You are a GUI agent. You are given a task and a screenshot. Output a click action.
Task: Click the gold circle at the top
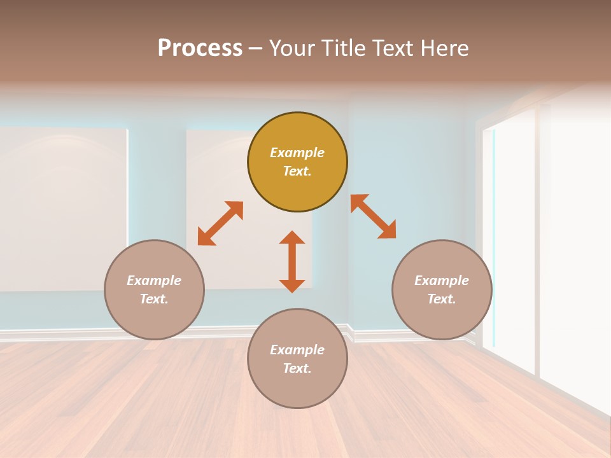[297, 162]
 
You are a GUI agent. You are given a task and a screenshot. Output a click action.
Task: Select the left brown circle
[154, 289]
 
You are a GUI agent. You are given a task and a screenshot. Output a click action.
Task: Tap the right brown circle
[442, 289]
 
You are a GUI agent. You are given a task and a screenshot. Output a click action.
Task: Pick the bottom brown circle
[297, 359]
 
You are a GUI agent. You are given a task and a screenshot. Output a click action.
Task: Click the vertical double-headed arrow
[292, 261]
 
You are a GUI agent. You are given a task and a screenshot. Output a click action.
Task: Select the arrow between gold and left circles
[220, 223]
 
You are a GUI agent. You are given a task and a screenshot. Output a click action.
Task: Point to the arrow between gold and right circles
[373, 216]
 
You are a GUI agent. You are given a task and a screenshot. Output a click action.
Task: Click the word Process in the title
[200, 48]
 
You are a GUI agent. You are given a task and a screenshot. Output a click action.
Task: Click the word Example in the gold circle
[297, 153]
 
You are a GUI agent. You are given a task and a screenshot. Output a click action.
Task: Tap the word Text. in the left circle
[154, 299]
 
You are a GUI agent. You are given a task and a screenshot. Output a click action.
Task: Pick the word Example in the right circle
[442, 281]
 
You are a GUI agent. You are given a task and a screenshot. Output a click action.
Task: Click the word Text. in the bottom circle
[297, 368]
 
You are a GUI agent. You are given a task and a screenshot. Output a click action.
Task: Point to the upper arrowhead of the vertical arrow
[292, 238]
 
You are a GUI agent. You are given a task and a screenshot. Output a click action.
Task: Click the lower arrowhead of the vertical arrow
[292, 285]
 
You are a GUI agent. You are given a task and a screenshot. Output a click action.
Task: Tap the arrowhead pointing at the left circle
[205, 238]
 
